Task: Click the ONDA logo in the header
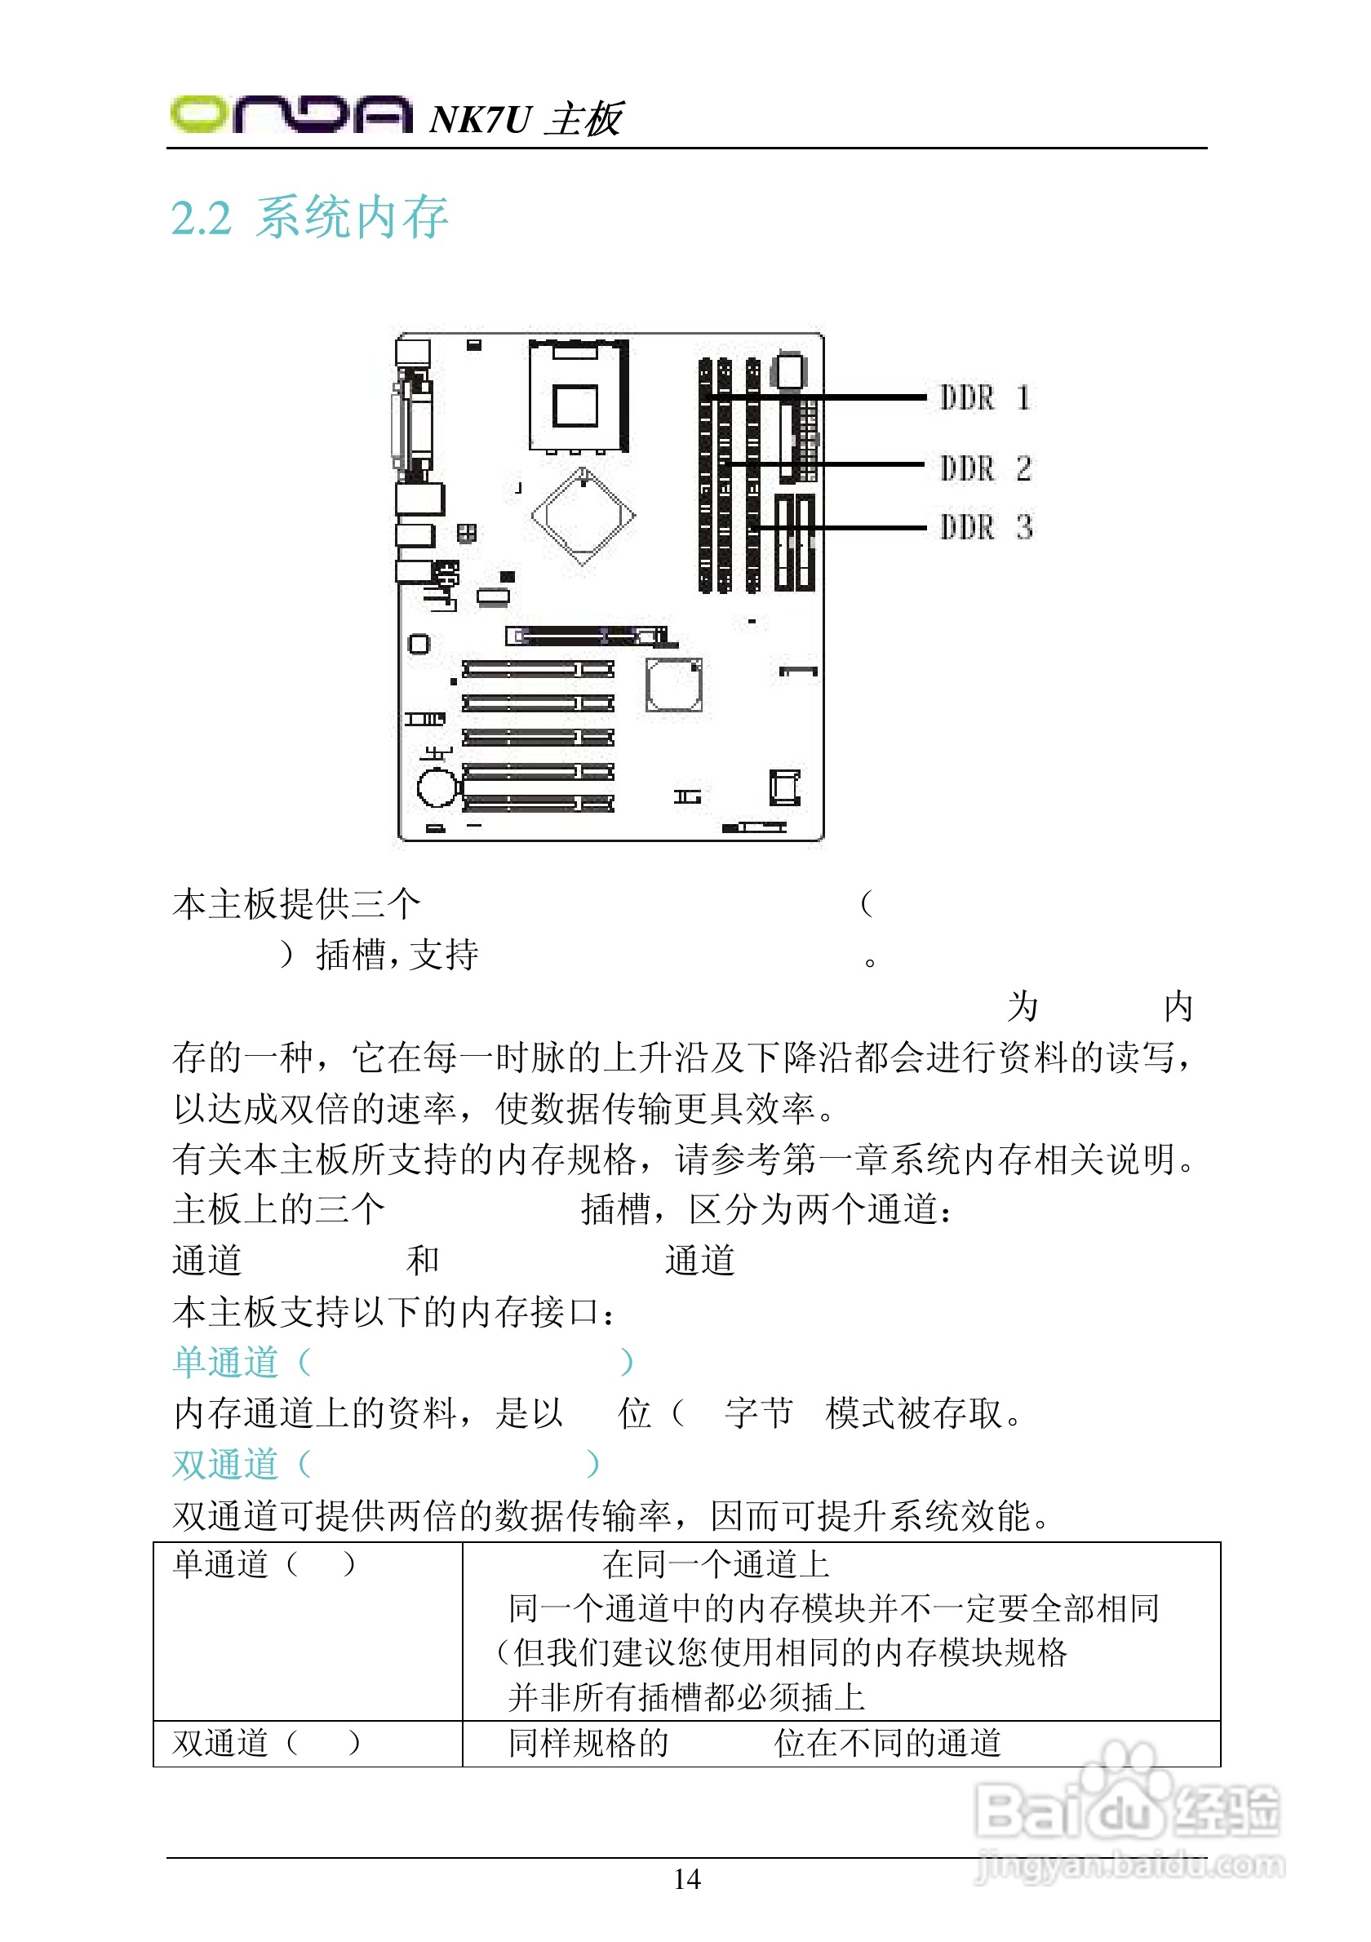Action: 290,114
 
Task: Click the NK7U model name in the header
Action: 480,119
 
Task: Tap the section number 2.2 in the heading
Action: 201,218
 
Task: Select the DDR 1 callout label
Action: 984,397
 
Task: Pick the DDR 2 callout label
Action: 984,468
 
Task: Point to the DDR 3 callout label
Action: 984,527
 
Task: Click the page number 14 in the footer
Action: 687,1878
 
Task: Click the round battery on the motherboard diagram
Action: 437,787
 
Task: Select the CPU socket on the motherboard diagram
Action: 579,396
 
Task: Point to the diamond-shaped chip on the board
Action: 583,515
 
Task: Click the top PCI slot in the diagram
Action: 538,670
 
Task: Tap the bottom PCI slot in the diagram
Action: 538,803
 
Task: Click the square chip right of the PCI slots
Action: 673,685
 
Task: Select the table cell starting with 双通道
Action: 307,1743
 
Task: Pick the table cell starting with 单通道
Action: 307,1631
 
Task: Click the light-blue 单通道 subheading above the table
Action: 226,1362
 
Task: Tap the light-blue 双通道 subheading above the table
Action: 226,1464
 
